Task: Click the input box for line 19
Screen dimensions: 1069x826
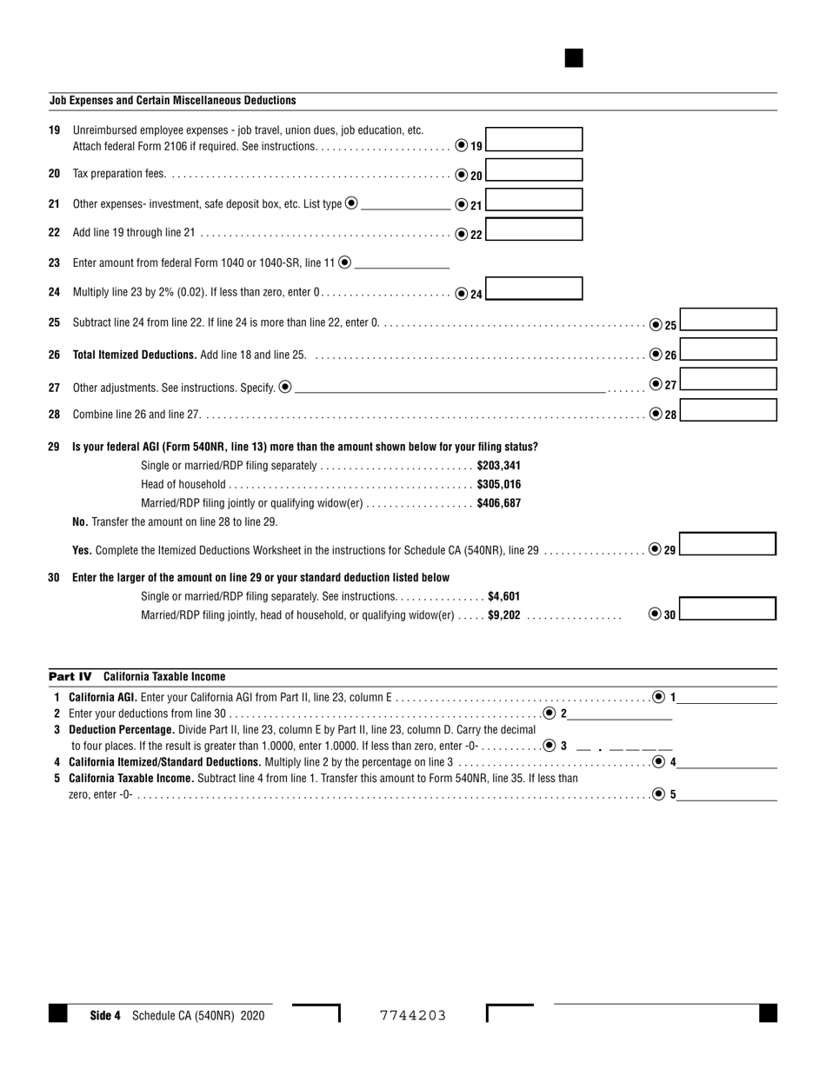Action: pos(534,139)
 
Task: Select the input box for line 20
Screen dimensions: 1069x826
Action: pos(534,170)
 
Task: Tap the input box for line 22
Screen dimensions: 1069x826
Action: pos(534,229)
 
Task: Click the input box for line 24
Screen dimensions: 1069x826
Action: pos(534,289)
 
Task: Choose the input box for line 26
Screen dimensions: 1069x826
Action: pos(728,349)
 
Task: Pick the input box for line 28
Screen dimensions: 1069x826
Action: pos(728,410)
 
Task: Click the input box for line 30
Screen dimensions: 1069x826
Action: pos(727,608)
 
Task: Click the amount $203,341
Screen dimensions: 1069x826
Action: pos(499,466)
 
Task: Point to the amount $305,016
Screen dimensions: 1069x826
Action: pos(499,485)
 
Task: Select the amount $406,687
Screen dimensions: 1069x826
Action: pos(499,504)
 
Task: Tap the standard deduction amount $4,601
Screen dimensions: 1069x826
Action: pos(503,596)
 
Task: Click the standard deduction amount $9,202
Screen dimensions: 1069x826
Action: pos(504,615)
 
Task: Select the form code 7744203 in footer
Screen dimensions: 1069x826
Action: pos(413,1015)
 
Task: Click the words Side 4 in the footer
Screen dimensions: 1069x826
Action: pos(105,1015)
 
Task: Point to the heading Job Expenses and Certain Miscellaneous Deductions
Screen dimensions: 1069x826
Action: pos(172,101)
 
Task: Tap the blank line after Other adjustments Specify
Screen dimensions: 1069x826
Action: pos(450,388)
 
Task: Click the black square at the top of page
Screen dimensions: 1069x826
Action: pos(574,58)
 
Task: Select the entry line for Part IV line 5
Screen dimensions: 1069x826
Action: pos(727,794)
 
